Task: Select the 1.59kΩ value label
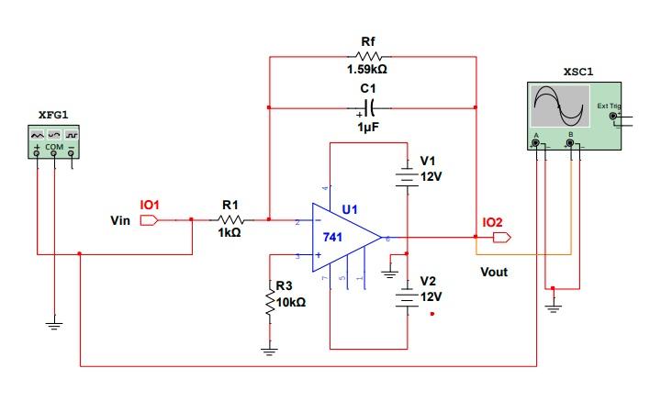coord(367,69)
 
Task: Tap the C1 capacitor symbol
coord(369,107)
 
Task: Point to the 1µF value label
coord(368,128)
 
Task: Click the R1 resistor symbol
coord(230,219)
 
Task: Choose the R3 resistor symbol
coord(270,302)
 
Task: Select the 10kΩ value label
coord(291,302)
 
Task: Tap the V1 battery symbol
coord(406,175)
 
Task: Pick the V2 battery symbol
coord(406,297)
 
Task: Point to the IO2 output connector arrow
coord(501,238)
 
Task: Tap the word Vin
coord(120,221)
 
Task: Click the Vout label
coord(494,272)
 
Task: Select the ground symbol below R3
coord(270,350)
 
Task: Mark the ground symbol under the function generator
coord(54,324)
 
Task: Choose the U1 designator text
coord(350,209)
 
